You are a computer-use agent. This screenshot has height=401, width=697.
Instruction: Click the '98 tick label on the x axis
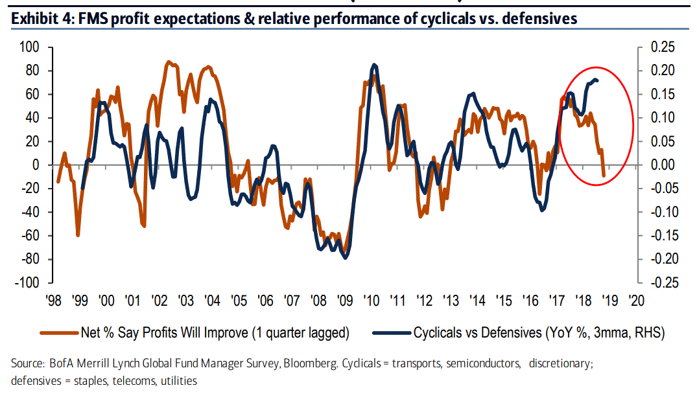click(x=54, y=301)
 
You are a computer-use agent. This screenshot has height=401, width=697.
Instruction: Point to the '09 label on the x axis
click(x=344, y=301)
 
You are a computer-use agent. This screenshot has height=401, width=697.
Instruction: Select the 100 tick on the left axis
click(x=30, y=47)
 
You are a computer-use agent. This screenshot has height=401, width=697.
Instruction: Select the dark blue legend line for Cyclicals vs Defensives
click(x=391, y=333)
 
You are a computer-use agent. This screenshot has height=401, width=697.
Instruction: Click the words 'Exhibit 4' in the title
click(x=40, y=18)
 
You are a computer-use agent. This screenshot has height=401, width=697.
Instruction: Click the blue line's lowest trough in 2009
click(x=345, y=258)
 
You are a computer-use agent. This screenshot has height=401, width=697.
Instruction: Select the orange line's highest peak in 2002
click(x=168, y=62)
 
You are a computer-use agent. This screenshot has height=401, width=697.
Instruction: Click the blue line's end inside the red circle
click(x=597, y=80)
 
